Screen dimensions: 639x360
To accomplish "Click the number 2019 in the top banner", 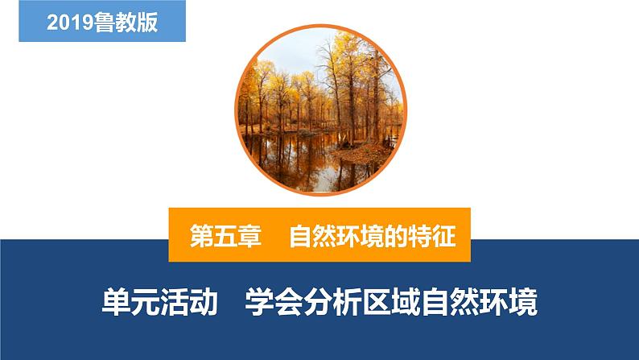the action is coord(71,22).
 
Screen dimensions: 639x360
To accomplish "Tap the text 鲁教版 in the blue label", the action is coord(126,22).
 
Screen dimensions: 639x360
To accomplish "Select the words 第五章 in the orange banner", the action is coord(225,236).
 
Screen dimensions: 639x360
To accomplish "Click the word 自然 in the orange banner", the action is coord(312,236).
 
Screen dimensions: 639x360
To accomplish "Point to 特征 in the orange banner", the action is coord(432,236).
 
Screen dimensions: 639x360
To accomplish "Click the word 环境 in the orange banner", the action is coord(361,236).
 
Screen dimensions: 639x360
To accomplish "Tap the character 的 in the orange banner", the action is coord(397,236).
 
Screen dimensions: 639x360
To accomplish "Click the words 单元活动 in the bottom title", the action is coord(159,302).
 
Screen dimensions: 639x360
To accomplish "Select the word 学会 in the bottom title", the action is coord(274,302).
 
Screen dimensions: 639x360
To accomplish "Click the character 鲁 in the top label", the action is coord(105,22).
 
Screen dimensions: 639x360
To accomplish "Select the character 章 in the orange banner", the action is coord(249,236).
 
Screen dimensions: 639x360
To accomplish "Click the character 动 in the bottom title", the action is coord(204,302).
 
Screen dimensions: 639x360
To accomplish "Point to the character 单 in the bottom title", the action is coord(116,302).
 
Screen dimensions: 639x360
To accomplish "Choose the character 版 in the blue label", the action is coord(147,22).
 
